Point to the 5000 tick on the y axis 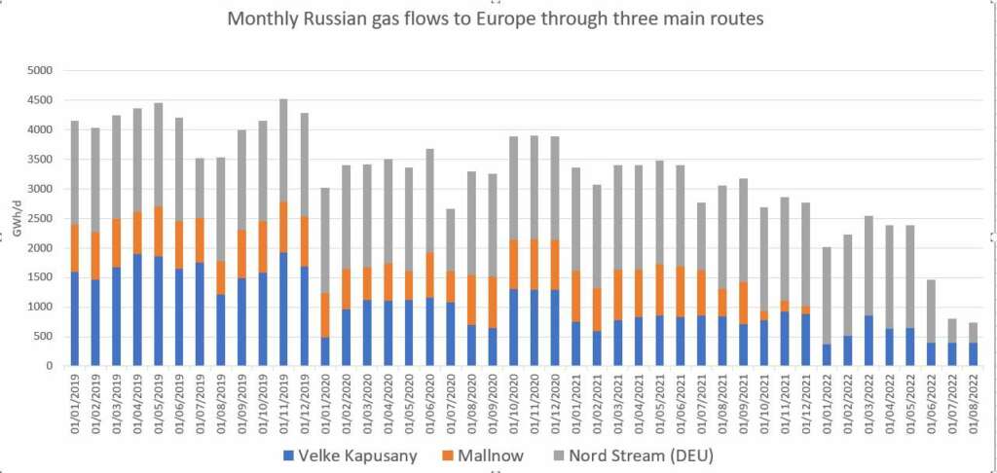point(40,70)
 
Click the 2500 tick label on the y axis point(40,218)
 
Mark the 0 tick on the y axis point(50,366)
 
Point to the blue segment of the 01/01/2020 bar point(325,351)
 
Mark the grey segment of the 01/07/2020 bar point(451,239)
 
